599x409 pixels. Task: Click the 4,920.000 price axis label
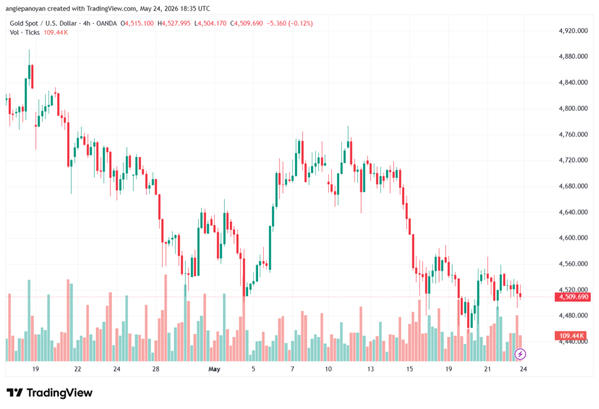point(573,30)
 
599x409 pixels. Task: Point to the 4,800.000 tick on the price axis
point(573,109)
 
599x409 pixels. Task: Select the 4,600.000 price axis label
point(573,238)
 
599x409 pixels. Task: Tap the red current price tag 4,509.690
point(573,297)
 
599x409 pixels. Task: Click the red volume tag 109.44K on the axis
point(571,336)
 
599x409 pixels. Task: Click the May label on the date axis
point(214,369)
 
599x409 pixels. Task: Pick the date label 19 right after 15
point(449,369)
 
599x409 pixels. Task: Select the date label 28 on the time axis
point(156,369)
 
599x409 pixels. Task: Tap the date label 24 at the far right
point(524,369)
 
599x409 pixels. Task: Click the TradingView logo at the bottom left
point(49,393)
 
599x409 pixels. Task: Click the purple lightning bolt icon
point(520,354)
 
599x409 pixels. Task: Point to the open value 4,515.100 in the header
point(139,23)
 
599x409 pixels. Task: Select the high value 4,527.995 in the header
point(176,23)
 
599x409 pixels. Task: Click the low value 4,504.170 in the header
point(212,23)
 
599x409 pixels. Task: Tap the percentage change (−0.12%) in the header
point(300,23)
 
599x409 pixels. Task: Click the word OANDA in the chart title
point(106,23)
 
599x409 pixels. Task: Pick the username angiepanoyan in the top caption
point(26,8)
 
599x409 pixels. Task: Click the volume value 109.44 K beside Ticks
point(56,33)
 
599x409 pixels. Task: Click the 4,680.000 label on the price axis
point(573,186)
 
